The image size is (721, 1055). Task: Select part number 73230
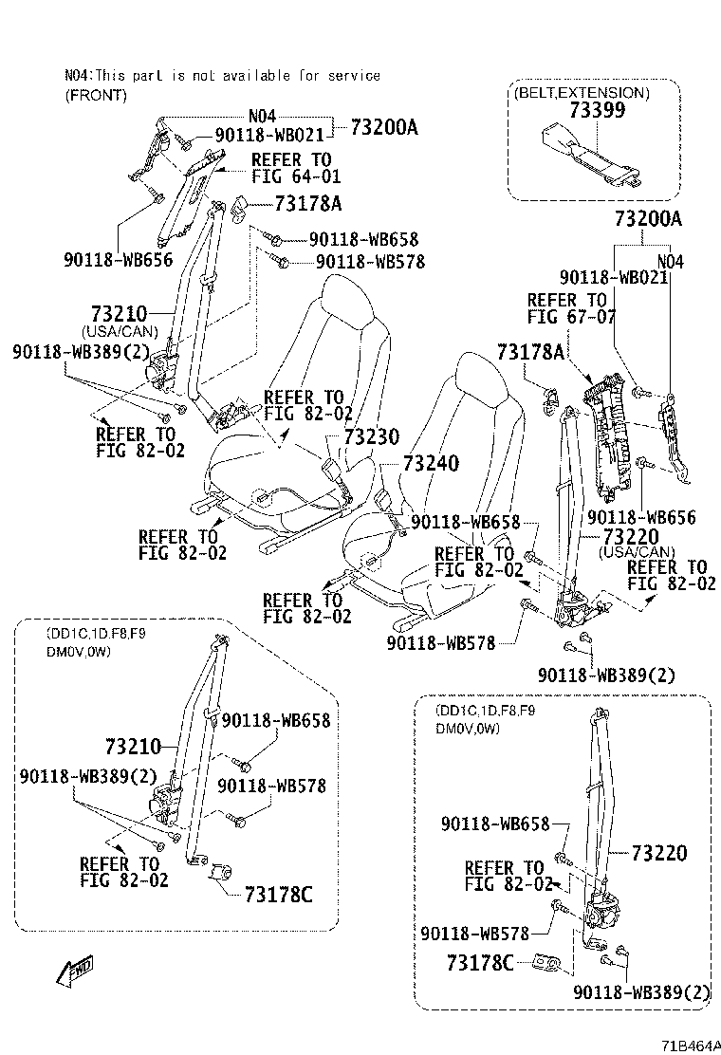[x=372, y=436]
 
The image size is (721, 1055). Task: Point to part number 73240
[x=431, y=463]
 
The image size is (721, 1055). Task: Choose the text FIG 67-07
[x=571, y=317]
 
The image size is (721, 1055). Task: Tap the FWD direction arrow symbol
[x=75, y=970]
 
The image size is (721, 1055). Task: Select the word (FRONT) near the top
[x=95, y=94]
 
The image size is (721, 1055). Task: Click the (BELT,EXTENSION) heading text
[x=582, y=93]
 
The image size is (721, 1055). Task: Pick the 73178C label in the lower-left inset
[x=278, y=894]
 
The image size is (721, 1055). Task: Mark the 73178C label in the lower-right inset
[x=480, y=963]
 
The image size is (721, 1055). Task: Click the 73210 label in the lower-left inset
[x=134, y=746]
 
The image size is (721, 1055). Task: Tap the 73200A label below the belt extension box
[x=648, y=219]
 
